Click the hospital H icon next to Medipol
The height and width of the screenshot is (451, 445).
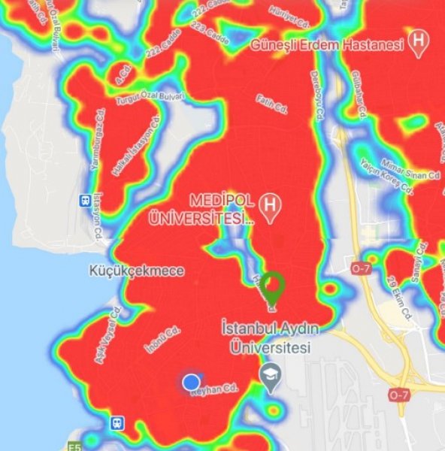tap(268, 204)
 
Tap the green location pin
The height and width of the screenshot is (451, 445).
tap(273, 289)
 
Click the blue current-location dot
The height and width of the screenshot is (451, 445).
tap(191, 381)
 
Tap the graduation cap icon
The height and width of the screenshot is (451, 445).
tap(269, 372)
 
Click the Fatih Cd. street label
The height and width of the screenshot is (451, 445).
tap(272, 104)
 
